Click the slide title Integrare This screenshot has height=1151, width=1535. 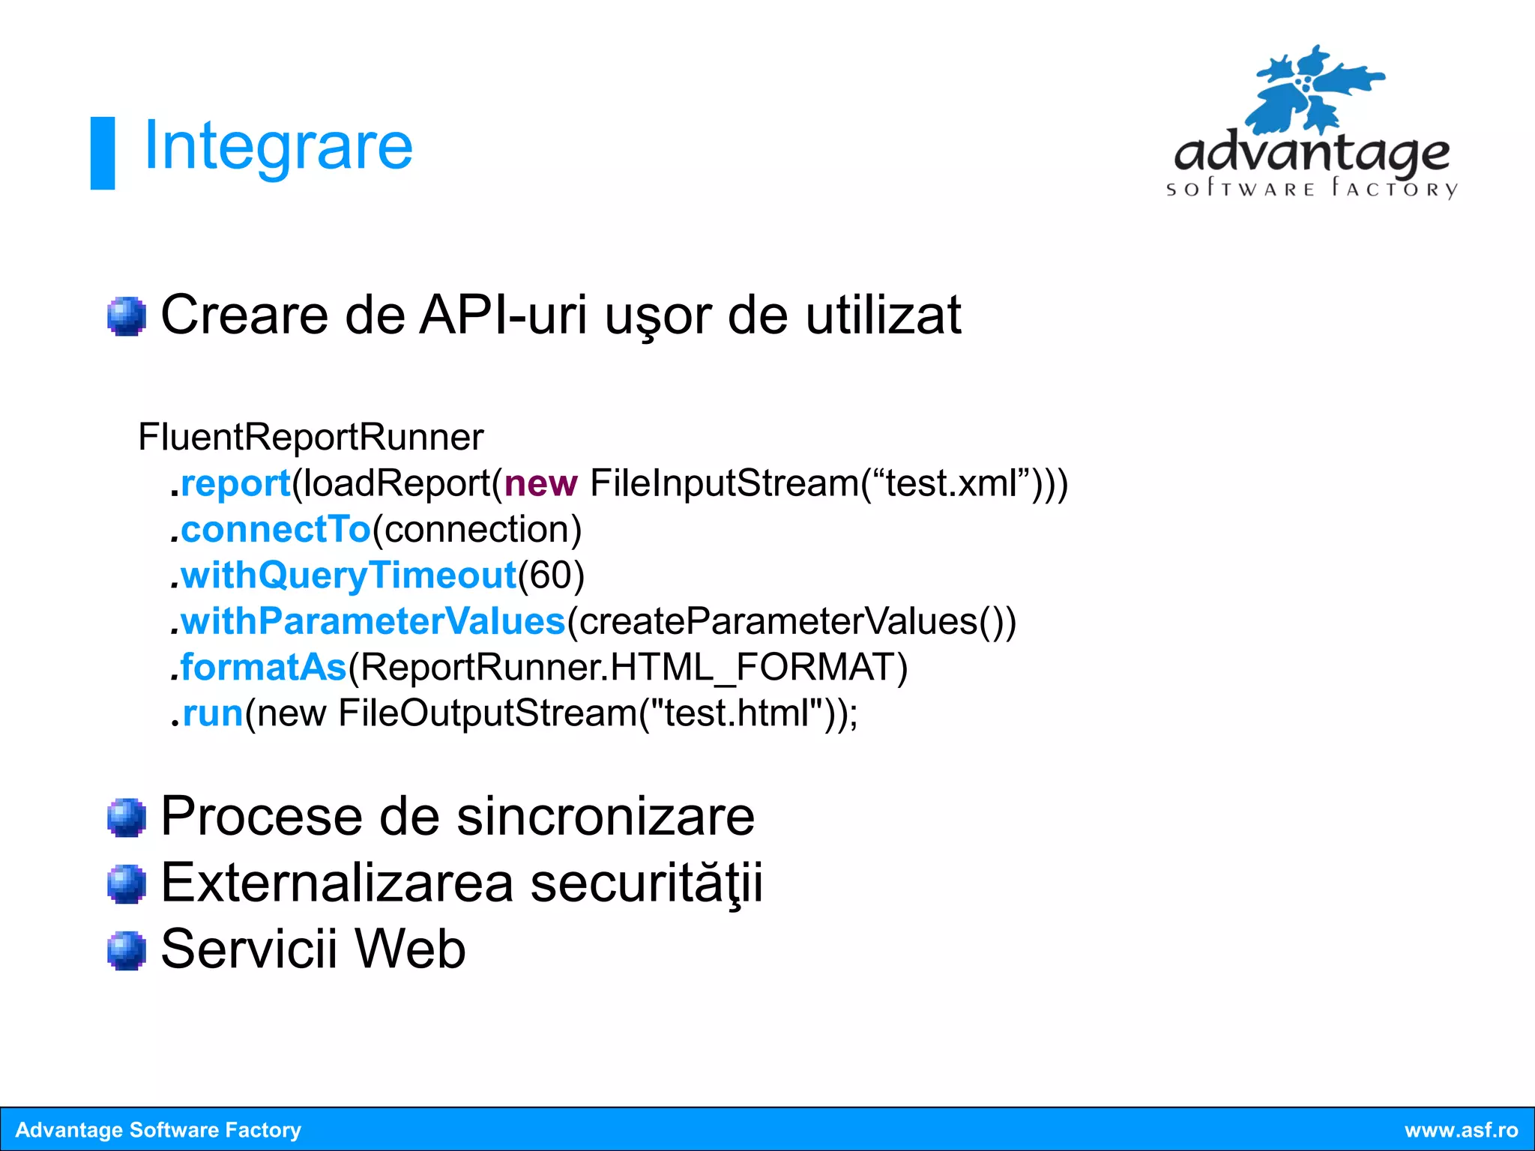pos(277,147)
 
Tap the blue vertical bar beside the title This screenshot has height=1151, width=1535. pos(103,153)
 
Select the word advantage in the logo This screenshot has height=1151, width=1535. pos(1312,154)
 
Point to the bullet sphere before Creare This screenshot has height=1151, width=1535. pos(126,316)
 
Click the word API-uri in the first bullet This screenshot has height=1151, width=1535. pos(503,315)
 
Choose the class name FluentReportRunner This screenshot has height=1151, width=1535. pos(311,437)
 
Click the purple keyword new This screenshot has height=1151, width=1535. pos(540,483)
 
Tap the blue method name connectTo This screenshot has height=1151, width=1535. pos(276,530)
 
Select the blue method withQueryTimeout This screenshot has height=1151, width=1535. pos(349,575)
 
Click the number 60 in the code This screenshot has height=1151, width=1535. pos(551,575)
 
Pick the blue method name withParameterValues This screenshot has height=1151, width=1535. pos(373,622)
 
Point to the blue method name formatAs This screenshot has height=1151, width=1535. pos(263,668)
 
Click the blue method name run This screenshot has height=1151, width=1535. pos(213,713)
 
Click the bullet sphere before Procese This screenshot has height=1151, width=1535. pos(126,817)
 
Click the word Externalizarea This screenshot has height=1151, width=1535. pos(337,883)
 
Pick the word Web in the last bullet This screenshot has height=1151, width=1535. pos(410,949)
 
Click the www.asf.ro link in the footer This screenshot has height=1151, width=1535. pos(1461,1130)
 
